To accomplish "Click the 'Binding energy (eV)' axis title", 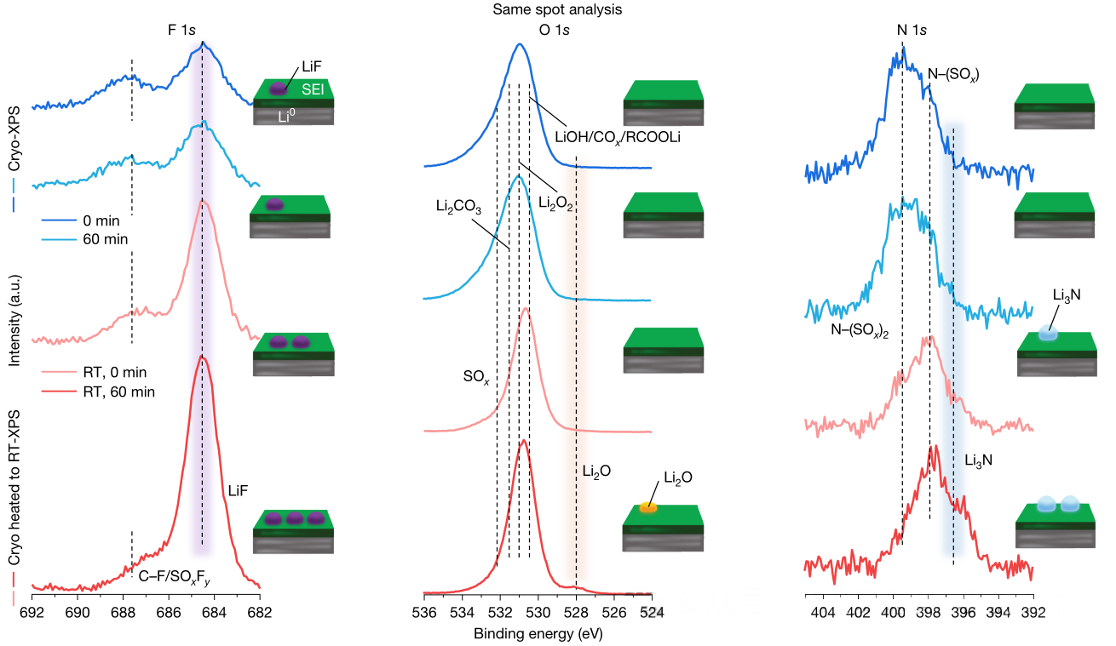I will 538,634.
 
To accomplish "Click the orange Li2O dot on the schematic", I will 648,507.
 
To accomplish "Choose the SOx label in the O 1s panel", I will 475,377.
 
